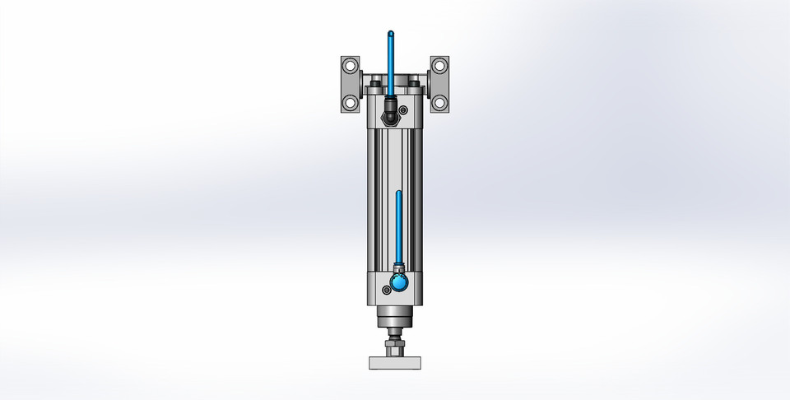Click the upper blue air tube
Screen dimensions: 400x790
(x=389, y=62)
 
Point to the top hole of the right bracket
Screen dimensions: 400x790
(x=439, y=65)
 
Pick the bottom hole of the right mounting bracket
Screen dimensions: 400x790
(x=439, y=103)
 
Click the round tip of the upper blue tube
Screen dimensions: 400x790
(x=389, y=33)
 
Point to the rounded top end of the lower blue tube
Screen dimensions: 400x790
(x=397, y=194)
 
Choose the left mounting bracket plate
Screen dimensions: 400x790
(x=349, y=84)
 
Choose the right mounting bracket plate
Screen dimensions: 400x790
(x=441, y=84)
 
